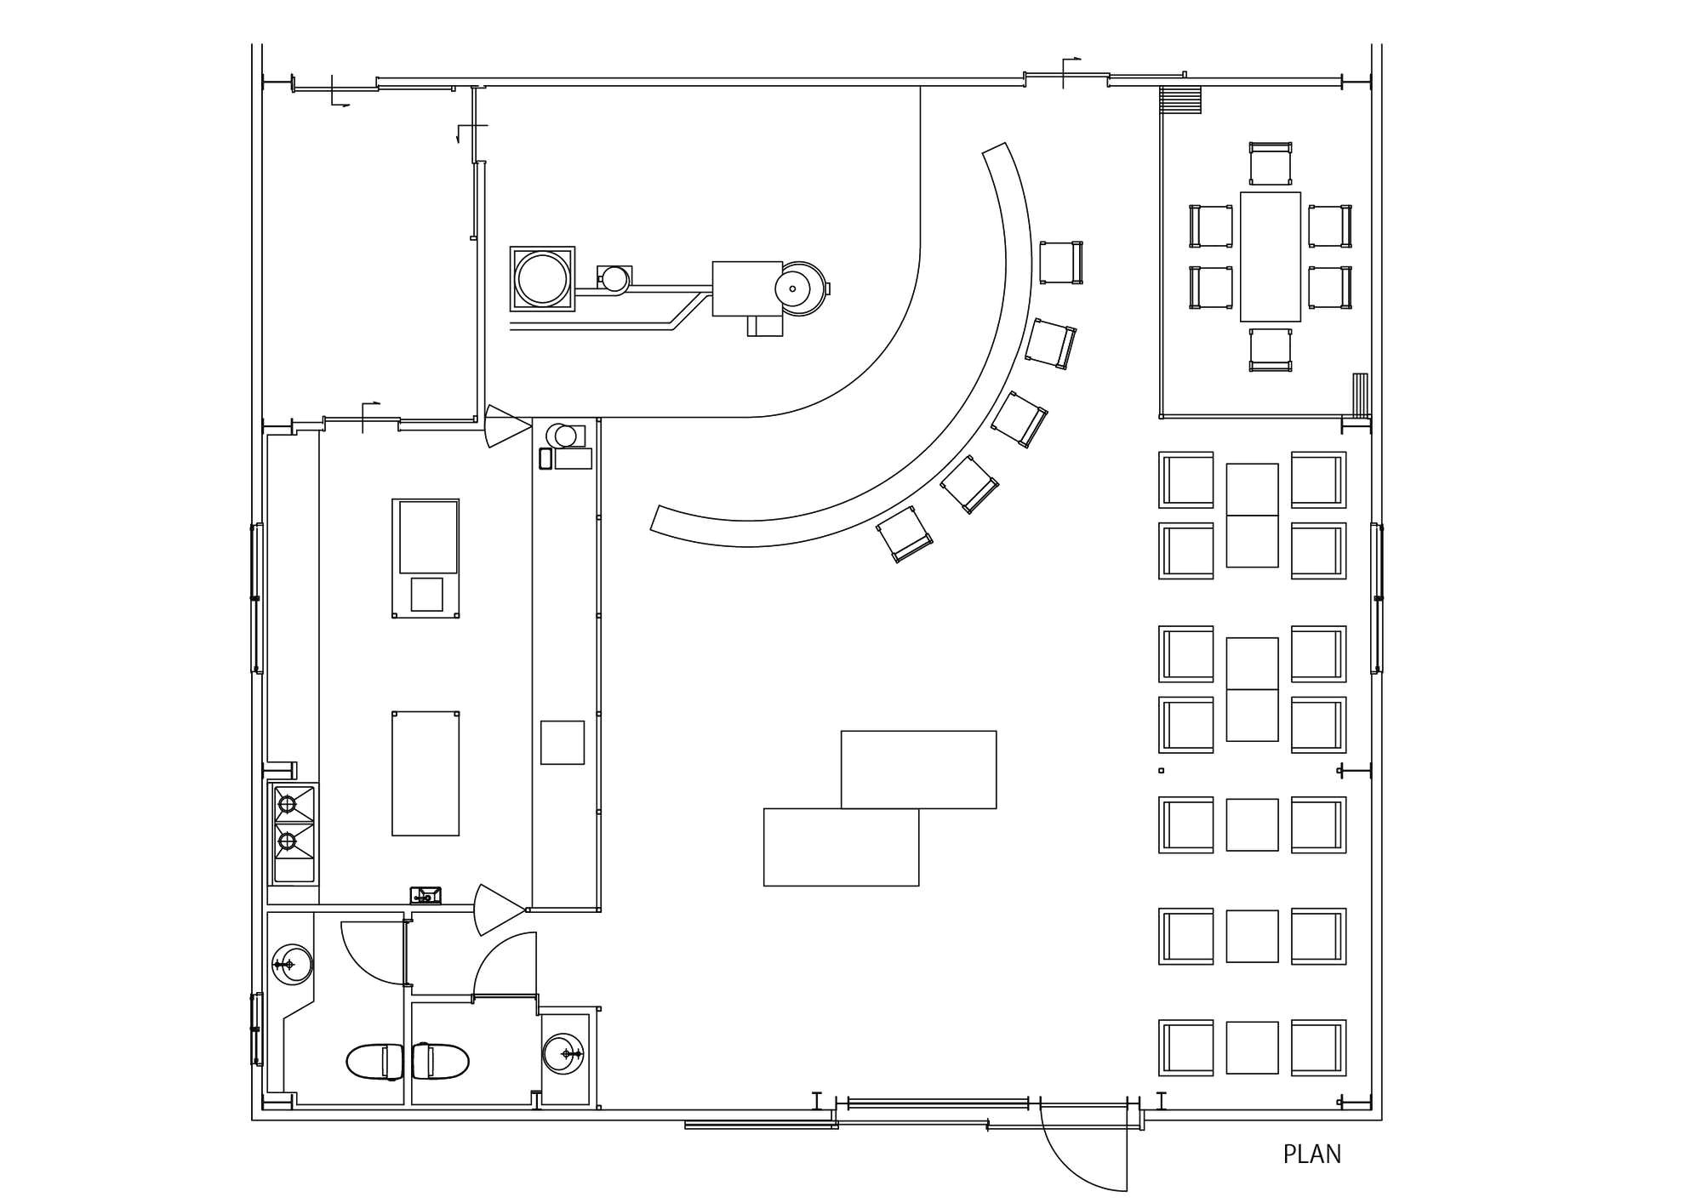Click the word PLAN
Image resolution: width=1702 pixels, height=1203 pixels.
click(1311, 1155)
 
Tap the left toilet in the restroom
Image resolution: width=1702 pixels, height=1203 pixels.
click(374, 1061)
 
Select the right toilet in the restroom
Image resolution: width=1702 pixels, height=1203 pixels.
click(441, 1061)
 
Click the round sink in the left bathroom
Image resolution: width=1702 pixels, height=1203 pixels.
click(292, 964)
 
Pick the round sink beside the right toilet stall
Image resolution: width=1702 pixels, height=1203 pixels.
click(563, 1054)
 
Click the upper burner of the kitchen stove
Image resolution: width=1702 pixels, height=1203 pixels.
click(288, 804)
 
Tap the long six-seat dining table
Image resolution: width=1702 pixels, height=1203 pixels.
click(1270, 256)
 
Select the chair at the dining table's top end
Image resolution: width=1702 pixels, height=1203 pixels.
click(1270, 163)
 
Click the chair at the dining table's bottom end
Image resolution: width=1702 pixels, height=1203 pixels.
click(1270, 350)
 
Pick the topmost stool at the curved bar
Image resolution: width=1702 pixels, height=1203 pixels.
click(1060, 262)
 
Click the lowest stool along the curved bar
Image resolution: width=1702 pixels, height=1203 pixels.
click(904, 533)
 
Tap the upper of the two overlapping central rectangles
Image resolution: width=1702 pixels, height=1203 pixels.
click(918, 768)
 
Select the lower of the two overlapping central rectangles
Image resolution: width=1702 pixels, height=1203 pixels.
click(840, 847)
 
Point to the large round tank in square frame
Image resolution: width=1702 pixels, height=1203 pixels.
click(542, 279)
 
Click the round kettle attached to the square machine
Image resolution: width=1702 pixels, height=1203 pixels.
click(799, 288)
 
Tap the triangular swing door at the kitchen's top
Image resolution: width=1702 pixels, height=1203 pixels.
click(506, 426)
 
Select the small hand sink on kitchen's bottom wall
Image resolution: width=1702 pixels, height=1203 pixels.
click(425, 895)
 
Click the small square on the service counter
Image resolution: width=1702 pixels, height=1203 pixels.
click(562, 742)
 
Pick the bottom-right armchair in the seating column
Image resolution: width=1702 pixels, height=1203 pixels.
click(1317, 1047)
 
